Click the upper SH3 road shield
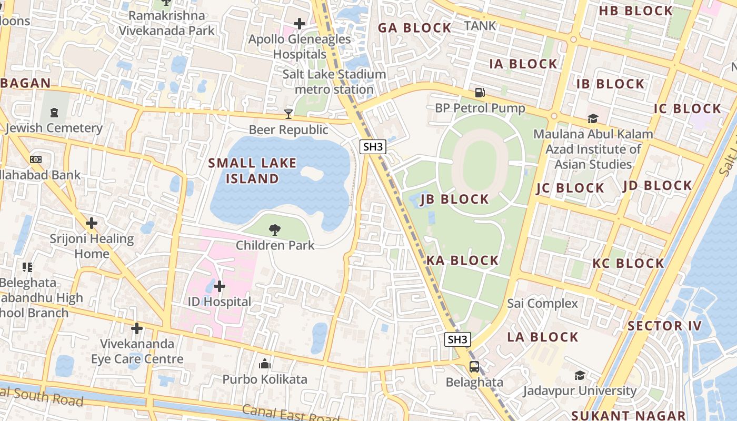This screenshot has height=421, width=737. point(373,147)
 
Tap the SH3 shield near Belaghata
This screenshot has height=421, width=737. point(457,339)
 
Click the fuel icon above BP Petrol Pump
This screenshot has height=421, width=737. point(480,93)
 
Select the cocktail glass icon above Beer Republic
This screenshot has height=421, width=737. point(288,114)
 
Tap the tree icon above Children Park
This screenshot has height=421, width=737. point(274,229)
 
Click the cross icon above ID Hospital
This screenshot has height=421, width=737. point(220,286)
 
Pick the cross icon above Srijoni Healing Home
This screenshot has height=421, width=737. point(92,223)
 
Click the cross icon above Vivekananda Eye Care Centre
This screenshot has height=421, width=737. point(137,329)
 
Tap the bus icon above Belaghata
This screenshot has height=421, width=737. point(474,367)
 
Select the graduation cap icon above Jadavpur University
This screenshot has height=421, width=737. point(580,375)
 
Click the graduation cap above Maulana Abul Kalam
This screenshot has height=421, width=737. point(593,118)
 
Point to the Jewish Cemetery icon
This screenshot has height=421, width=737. point(54,112)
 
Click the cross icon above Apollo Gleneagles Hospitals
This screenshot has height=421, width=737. point(300,24)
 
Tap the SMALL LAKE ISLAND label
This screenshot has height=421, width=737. point(252,171)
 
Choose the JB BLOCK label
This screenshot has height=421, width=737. point(455,199)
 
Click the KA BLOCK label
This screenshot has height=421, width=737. point(462,260)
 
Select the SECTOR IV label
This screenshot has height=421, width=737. point(664,326)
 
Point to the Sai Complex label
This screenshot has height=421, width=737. point(542,304)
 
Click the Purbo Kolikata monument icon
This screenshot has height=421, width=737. point(264,364)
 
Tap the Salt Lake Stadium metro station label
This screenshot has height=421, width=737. point(334,82)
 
